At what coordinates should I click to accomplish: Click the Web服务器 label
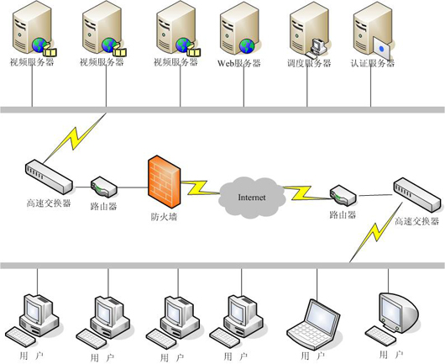(239, 63)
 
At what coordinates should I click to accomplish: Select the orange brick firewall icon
(164, 182)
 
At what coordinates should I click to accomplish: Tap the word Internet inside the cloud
(252, 198)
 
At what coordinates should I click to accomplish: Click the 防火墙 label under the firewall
(164, 217)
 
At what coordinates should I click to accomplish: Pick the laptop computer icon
(314, 324)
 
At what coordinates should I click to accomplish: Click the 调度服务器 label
(309, 63)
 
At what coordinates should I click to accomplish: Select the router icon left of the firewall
(104, 187)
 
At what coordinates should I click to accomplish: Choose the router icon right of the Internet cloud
(343, 196)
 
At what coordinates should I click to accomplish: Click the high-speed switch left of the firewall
(49, 177)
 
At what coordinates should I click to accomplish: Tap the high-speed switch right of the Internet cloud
(417, 195)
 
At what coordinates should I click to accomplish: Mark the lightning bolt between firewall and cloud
(201, 187)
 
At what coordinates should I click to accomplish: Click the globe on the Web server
(247, 46)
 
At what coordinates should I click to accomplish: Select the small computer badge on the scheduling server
(317, 48)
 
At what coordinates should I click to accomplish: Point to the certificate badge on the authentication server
(382, 48)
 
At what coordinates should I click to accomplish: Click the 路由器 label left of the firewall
(103, 207)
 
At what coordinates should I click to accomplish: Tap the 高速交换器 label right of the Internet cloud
(417, 221)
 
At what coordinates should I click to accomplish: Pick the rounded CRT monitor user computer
(391, 319)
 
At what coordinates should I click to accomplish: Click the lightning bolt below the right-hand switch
(376, 232)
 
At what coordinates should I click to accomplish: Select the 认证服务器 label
(373, 63)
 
